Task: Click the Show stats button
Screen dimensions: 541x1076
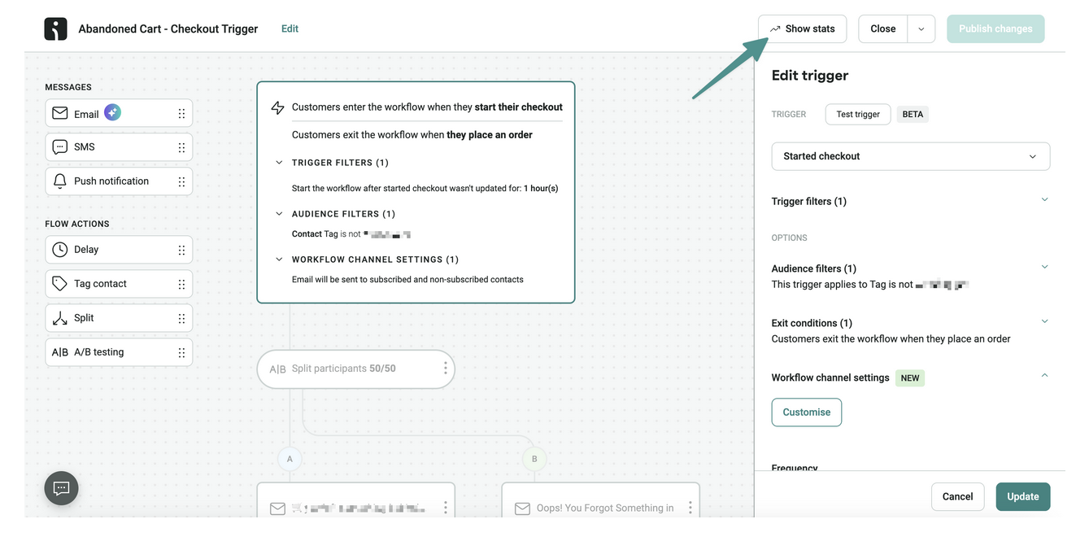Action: pyautogui.click(x=802, y=28)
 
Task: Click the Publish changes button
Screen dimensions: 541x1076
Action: pyautogui.click(x=995, y=28)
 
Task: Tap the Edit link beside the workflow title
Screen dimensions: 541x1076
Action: pyautogui.click(x=290, y=28)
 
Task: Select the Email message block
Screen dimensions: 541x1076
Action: pyautogui.click(x=119, y=114)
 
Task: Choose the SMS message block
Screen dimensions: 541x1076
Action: pyautogui.click(x=119, y=147)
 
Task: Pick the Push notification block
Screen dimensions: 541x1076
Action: pyautogui.click(x=119, y=181)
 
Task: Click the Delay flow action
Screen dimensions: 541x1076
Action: pyautogui.click(x=119, y=250)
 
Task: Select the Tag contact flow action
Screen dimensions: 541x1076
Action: pyautogui.click(x=119, y=284)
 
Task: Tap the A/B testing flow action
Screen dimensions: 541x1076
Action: pyautogui.click(x=119, y=352)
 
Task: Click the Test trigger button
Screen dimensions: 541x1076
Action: pyautogui.click(x=858, y=114)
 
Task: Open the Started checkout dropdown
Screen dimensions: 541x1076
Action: pyautogui.click(x=910, y=156)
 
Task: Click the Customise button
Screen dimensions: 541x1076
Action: pyautogui.click(x=806, y=412)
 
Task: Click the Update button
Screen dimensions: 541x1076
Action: pyautogui.click(x=1022, y=496)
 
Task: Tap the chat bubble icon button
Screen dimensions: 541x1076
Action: pyautogui.click(x=61, y=488)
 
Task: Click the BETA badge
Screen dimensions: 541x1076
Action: pyautogui.click(x=913, y=114)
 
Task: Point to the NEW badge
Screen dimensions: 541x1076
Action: pyautogui.click(x=910, y=377)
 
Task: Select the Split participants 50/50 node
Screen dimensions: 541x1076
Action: pyautogui.click(x=355, y=369)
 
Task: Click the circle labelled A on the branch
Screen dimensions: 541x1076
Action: pyautogui.click(x=290, y=459)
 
